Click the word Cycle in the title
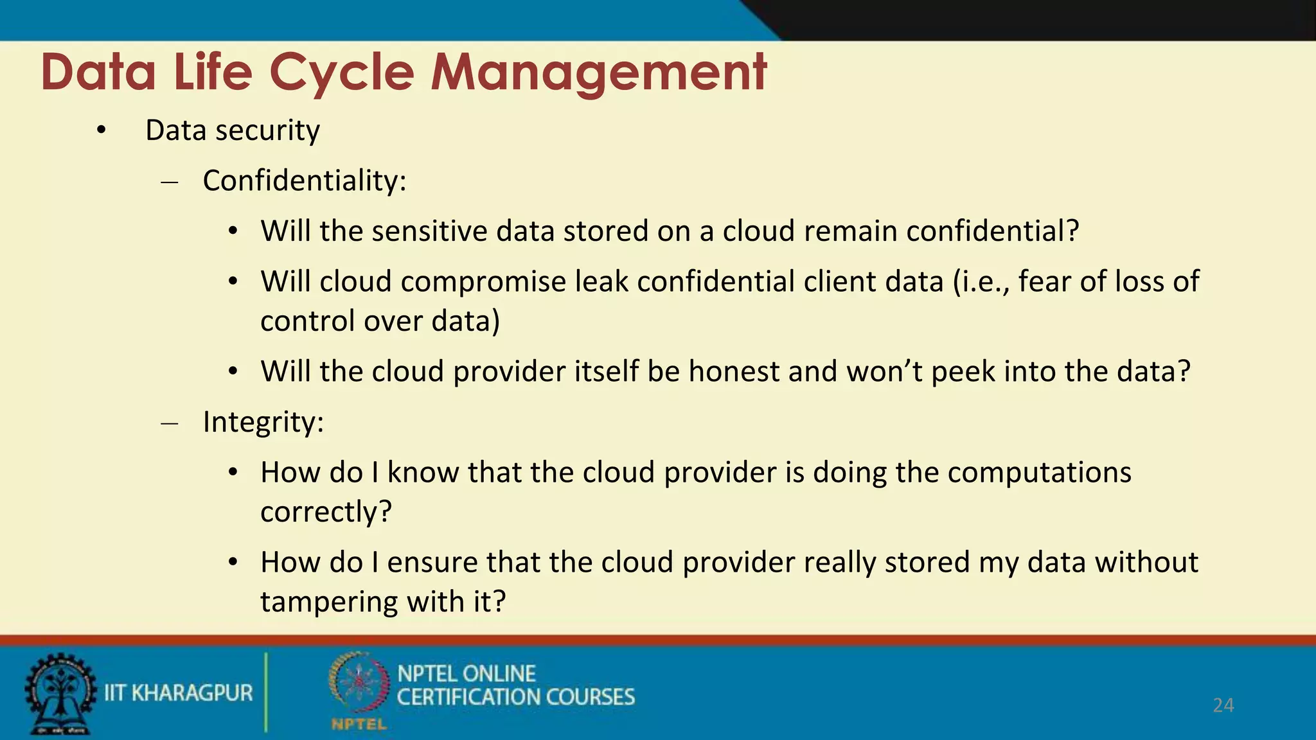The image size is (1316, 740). [341, 72]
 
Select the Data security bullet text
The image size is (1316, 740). [232, 130]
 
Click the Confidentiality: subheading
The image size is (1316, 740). [305, 181]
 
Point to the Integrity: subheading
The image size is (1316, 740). [263, 422]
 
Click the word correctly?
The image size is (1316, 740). [326, 512]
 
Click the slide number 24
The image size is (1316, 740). [1223, 705]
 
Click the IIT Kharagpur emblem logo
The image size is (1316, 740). [60, 693]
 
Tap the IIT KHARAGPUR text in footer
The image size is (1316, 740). [179, 693]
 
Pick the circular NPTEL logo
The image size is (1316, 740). [359, 685]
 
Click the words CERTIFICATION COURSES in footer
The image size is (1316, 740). [515, 698]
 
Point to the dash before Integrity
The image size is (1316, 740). [170, 424]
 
